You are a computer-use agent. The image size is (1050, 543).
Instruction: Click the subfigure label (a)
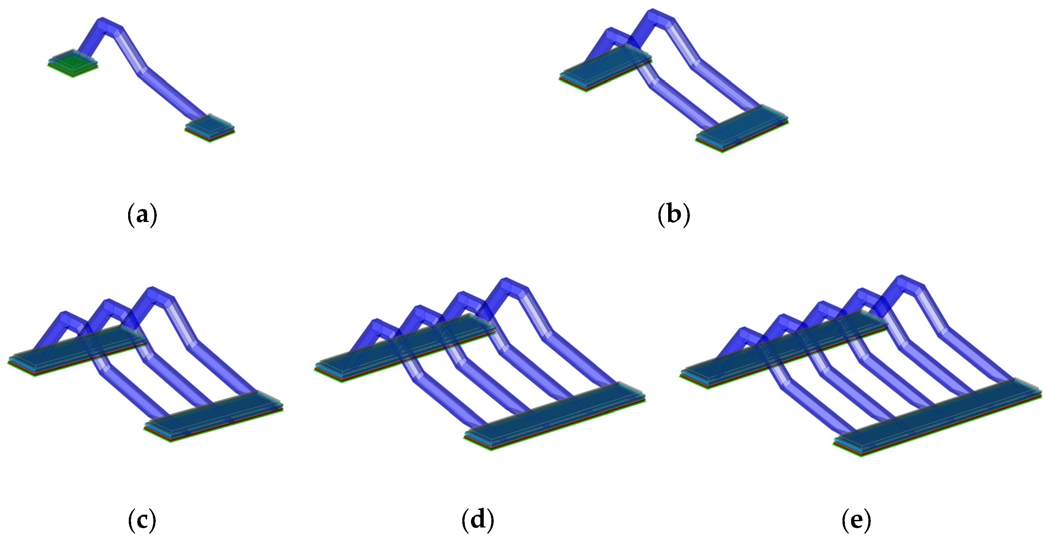(x=142, y=214)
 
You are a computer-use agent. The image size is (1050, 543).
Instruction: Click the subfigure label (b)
(x=674, y=214)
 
